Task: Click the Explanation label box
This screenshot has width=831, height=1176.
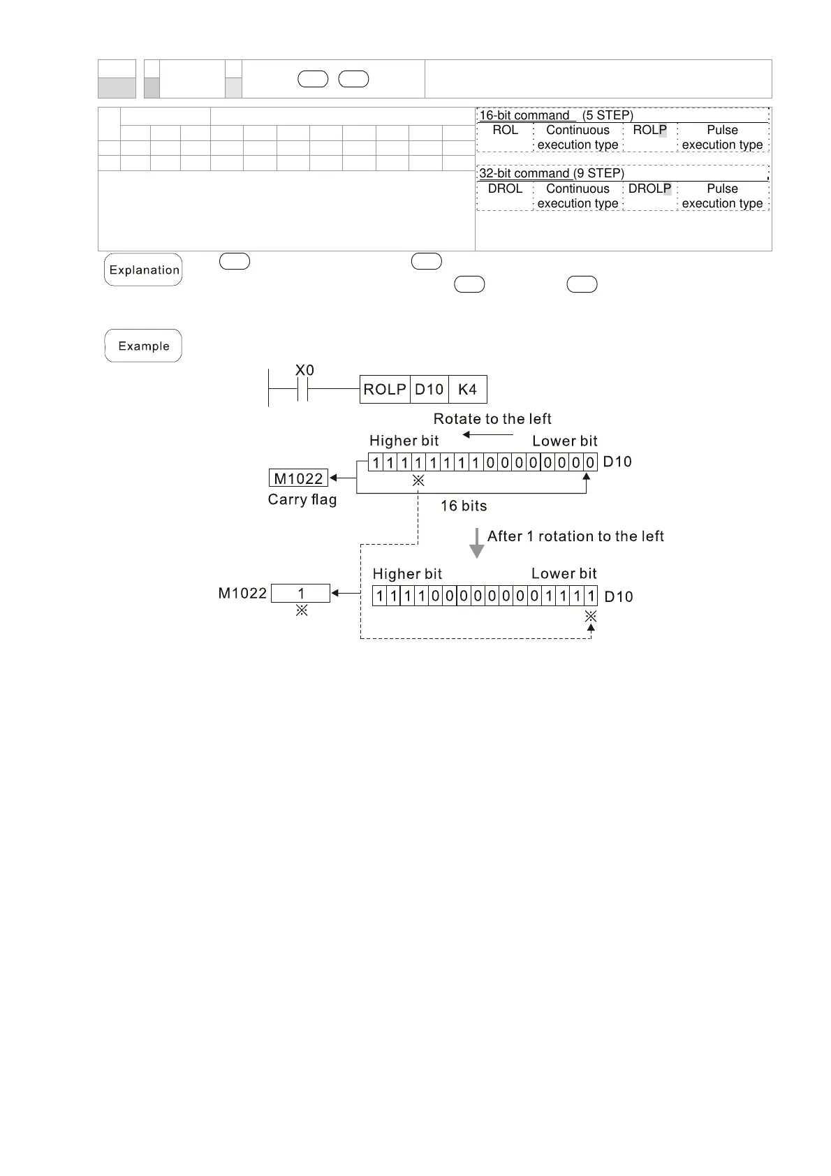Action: [143, 270]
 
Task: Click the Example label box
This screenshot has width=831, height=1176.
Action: [143, 346]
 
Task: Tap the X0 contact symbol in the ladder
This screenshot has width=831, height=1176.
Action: [302, 390]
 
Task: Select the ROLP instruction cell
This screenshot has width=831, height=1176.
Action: [385, 390]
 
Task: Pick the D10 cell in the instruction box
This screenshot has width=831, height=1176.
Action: [429, 390]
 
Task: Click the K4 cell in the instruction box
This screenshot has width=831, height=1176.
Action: [467, 390]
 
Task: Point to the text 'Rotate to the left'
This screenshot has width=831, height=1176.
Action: [492, 419]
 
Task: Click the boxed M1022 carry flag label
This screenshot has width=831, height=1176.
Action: [298, 478]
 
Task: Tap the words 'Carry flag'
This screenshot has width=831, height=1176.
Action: [302, 500]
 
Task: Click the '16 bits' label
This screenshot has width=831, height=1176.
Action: [464, 506]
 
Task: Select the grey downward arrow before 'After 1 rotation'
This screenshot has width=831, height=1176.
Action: [477, 543]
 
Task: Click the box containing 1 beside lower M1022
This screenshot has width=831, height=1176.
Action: [300, 594]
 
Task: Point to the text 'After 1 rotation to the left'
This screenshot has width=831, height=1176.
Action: [575, 536]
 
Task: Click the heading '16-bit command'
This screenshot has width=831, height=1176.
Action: [524, 116]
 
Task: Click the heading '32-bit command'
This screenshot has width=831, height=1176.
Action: [524, 174]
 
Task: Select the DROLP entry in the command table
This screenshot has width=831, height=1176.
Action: [649, 189]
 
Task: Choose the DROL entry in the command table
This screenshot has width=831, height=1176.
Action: [505, 189]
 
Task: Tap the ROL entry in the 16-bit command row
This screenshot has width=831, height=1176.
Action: [505, 131]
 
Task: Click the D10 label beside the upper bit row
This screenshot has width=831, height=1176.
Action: [617, 462]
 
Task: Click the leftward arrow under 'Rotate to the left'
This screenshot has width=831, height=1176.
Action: [487, 435]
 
